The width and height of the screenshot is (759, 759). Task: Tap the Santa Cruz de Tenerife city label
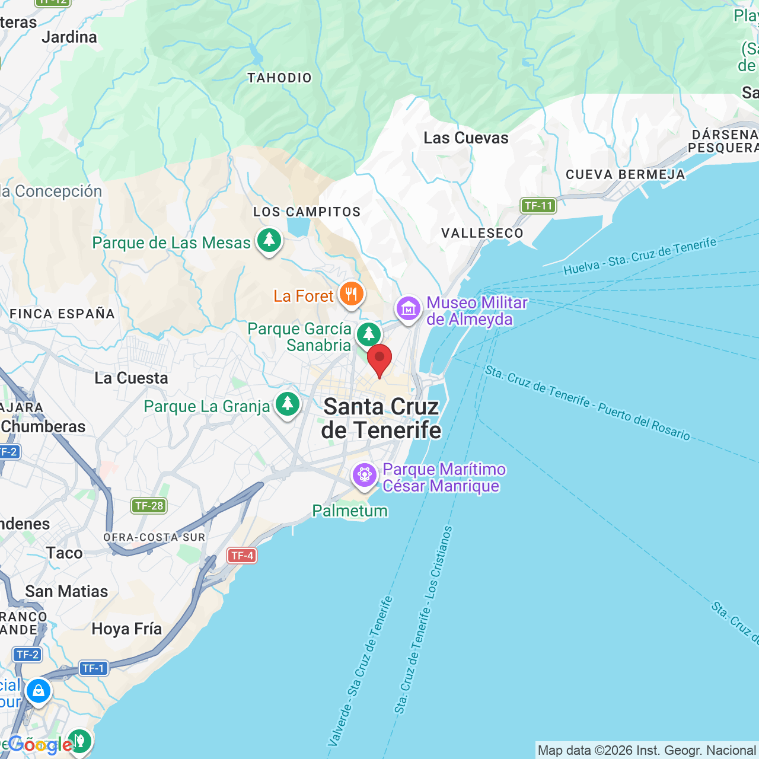click(381, 419)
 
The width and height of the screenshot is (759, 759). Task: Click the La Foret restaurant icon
click(351, 294)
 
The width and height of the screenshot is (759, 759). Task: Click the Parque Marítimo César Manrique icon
click(364, 476)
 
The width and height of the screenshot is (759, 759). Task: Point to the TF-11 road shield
click(538, 206)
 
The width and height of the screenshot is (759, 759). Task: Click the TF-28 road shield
click(149, 506)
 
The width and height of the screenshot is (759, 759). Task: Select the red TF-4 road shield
click(242, 556)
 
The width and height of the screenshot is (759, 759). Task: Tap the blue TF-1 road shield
click(93, 668)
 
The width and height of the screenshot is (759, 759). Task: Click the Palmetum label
click(350, 511)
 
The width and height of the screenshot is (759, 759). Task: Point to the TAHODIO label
click(279, 78)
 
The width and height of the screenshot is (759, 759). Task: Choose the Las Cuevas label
click(466, 138)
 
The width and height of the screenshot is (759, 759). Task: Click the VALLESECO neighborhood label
click(482, 233)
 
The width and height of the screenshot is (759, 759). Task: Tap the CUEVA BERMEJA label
click(625, 174)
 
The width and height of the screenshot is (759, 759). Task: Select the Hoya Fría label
click(126, 629)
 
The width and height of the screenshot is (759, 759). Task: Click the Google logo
click(40, 745)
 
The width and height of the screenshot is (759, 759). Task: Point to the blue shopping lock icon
click(39, 691)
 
